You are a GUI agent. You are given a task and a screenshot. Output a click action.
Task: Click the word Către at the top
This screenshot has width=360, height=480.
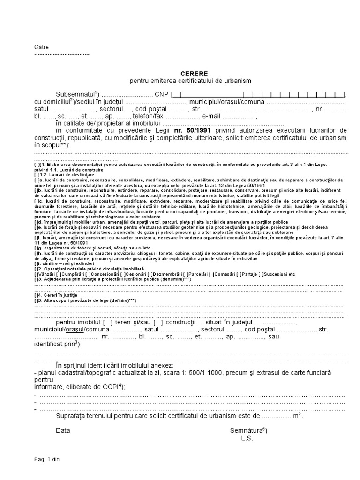pyautogui.click(x=41, y=47)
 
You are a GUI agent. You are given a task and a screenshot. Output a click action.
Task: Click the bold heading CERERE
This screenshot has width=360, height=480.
pyautogui.click(x=194, y=74)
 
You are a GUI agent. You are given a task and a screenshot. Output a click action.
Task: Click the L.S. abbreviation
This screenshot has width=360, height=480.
pyautogui.click(x=247, y=438)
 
